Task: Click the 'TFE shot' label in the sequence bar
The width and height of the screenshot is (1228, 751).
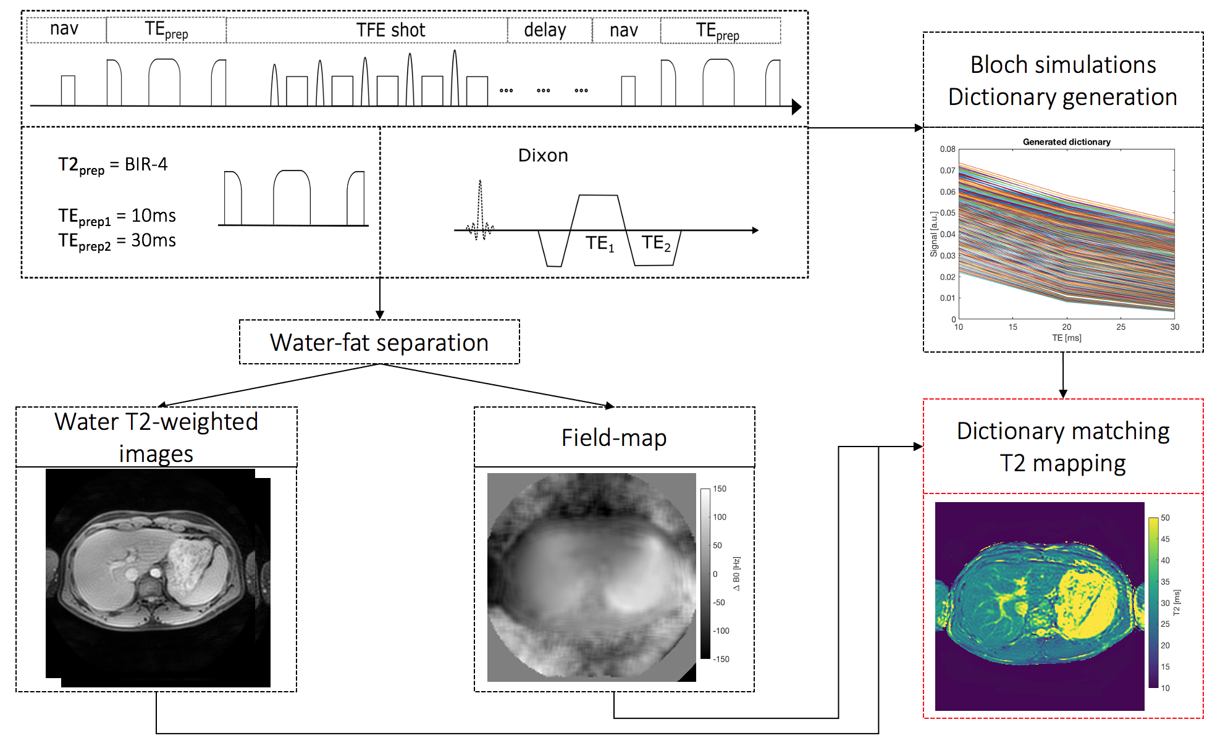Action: (390, 30)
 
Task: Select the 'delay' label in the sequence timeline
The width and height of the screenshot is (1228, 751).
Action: (545, 30)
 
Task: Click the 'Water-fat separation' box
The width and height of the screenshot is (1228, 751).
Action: (379, 342)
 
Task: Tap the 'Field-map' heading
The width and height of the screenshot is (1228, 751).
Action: (614, 438)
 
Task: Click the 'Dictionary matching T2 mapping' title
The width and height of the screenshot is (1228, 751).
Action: (1062, 447)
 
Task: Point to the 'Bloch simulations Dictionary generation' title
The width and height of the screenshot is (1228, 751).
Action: (1062, 80)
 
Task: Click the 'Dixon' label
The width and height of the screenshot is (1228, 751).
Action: (543, 155)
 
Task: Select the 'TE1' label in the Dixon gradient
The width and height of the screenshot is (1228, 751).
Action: (600, 244)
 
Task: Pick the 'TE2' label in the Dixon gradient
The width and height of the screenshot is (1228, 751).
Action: (655, 243)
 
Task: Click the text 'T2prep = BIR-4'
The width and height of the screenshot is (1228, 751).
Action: (113, 165)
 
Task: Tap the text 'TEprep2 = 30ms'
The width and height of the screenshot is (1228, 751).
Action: (117, 241)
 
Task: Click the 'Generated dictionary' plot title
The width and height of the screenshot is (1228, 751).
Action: (1066, 142)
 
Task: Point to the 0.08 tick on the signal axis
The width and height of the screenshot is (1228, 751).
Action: (948, 149)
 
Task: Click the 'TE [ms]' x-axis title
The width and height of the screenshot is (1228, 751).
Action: (1066, 338)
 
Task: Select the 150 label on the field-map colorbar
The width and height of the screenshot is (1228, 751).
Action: (720, 489)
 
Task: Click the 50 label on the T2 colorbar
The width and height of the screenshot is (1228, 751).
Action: (1165, 518)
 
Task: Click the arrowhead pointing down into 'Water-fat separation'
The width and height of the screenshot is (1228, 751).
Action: (380, 314)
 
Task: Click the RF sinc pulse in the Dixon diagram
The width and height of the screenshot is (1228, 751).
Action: (480, 210)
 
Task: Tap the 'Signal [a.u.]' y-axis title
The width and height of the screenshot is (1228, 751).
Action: (933, 234)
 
